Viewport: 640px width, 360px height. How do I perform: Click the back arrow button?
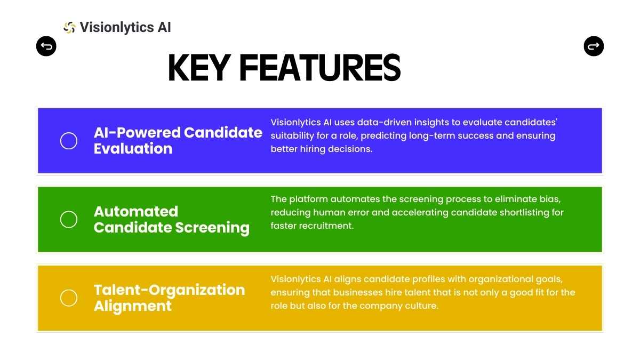click(x=46, y=46)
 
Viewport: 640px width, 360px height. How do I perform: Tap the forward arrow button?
click(x=594, y=46)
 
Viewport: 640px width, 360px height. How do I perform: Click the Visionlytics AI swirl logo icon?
click(x=69, y=27)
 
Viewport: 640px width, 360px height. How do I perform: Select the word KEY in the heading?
click(x=199, y=68)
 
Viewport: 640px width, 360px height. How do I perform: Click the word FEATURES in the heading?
click(x=319, y=68)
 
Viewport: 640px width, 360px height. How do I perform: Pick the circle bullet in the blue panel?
click(x=69, y=141)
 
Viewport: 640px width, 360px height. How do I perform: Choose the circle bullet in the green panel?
click(x=69, y=219)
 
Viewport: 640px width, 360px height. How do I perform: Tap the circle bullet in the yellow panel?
click(x=69, y=298)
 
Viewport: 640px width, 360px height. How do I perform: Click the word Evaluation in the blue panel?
click(x=133, y=149)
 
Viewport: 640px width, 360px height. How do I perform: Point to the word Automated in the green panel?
click(x=136, y=211)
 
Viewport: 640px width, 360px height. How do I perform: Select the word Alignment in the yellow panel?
click(x=133, y=306)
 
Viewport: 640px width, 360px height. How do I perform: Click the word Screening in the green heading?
click(x=212, y=228)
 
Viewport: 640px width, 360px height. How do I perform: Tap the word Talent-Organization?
click(x=170, y=290)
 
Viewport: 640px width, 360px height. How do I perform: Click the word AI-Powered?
click(x=137, y=133)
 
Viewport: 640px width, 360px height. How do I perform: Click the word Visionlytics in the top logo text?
click(x=117, y=28)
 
